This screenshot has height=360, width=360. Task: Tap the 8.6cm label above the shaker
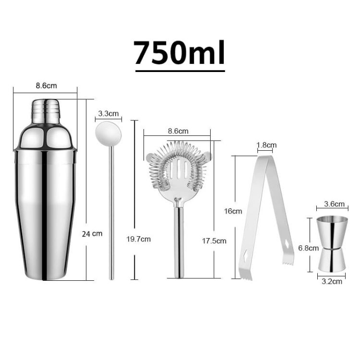46,86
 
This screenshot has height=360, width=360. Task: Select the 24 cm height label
93,234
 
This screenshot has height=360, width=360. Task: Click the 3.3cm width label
108,114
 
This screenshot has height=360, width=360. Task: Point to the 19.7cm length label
139,239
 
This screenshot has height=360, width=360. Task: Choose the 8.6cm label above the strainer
178,131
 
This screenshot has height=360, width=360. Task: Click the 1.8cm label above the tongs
266,145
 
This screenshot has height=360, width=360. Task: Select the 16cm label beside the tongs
233,211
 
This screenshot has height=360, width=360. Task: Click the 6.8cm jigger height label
308,248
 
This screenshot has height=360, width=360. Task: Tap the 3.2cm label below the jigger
332,281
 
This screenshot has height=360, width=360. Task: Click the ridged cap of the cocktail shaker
46,112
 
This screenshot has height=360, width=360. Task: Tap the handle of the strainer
178,240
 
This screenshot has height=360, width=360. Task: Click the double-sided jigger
332,243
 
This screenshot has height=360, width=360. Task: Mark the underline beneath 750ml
180,71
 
